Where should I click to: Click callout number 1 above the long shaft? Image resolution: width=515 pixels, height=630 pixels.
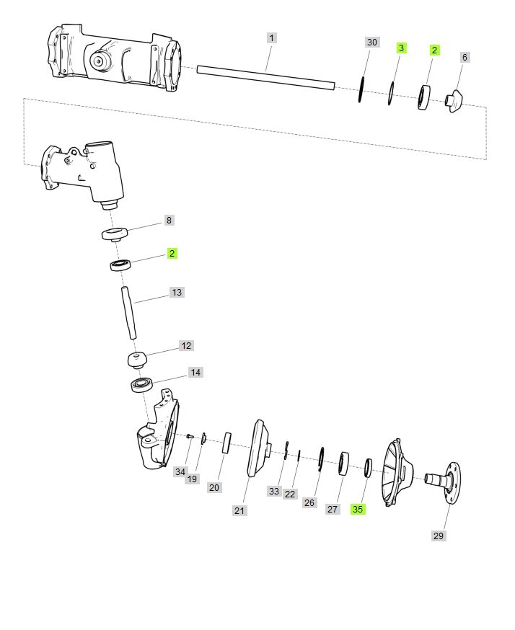point(272,38)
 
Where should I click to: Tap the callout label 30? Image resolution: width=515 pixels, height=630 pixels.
point(372,43)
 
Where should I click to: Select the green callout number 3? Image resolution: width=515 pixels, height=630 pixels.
point(401,48)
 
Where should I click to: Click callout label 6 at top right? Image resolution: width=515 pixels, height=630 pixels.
point(465,58)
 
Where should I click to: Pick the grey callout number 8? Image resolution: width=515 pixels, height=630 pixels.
point(169,220)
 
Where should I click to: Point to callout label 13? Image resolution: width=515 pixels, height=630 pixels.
point(177,293)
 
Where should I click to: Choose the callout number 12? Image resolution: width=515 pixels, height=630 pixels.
point(186,346)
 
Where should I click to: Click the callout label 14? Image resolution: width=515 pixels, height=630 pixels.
point(195,373)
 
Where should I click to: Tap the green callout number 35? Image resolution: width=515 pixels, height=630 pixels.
point(358,510)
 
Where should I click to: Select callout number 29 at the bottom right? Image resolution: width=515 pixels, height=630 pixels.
point(439,536)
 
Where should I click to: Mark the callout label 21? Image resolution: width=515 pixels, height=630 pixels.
point(239,510)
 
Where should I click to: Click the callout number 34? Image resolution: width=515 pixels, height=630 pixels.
point(180,471)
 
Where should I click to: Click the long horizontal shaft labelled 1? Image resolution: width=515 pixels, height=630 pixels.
point(265,78)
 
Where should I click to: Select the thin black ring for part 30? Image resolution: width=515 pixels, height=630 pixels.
point(361,89)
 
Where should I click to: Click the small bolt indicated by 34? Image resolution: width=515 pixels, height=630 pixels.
point(190,436)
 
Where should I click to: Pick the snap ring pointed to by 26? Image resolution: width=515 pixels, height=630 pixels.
point(321,458)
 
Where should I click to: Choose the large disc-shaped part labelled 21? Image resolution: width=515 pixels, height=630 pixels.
point(258,448)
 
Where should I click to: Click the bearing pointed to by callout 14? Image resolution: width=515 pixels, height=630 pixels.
point(141,385)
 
